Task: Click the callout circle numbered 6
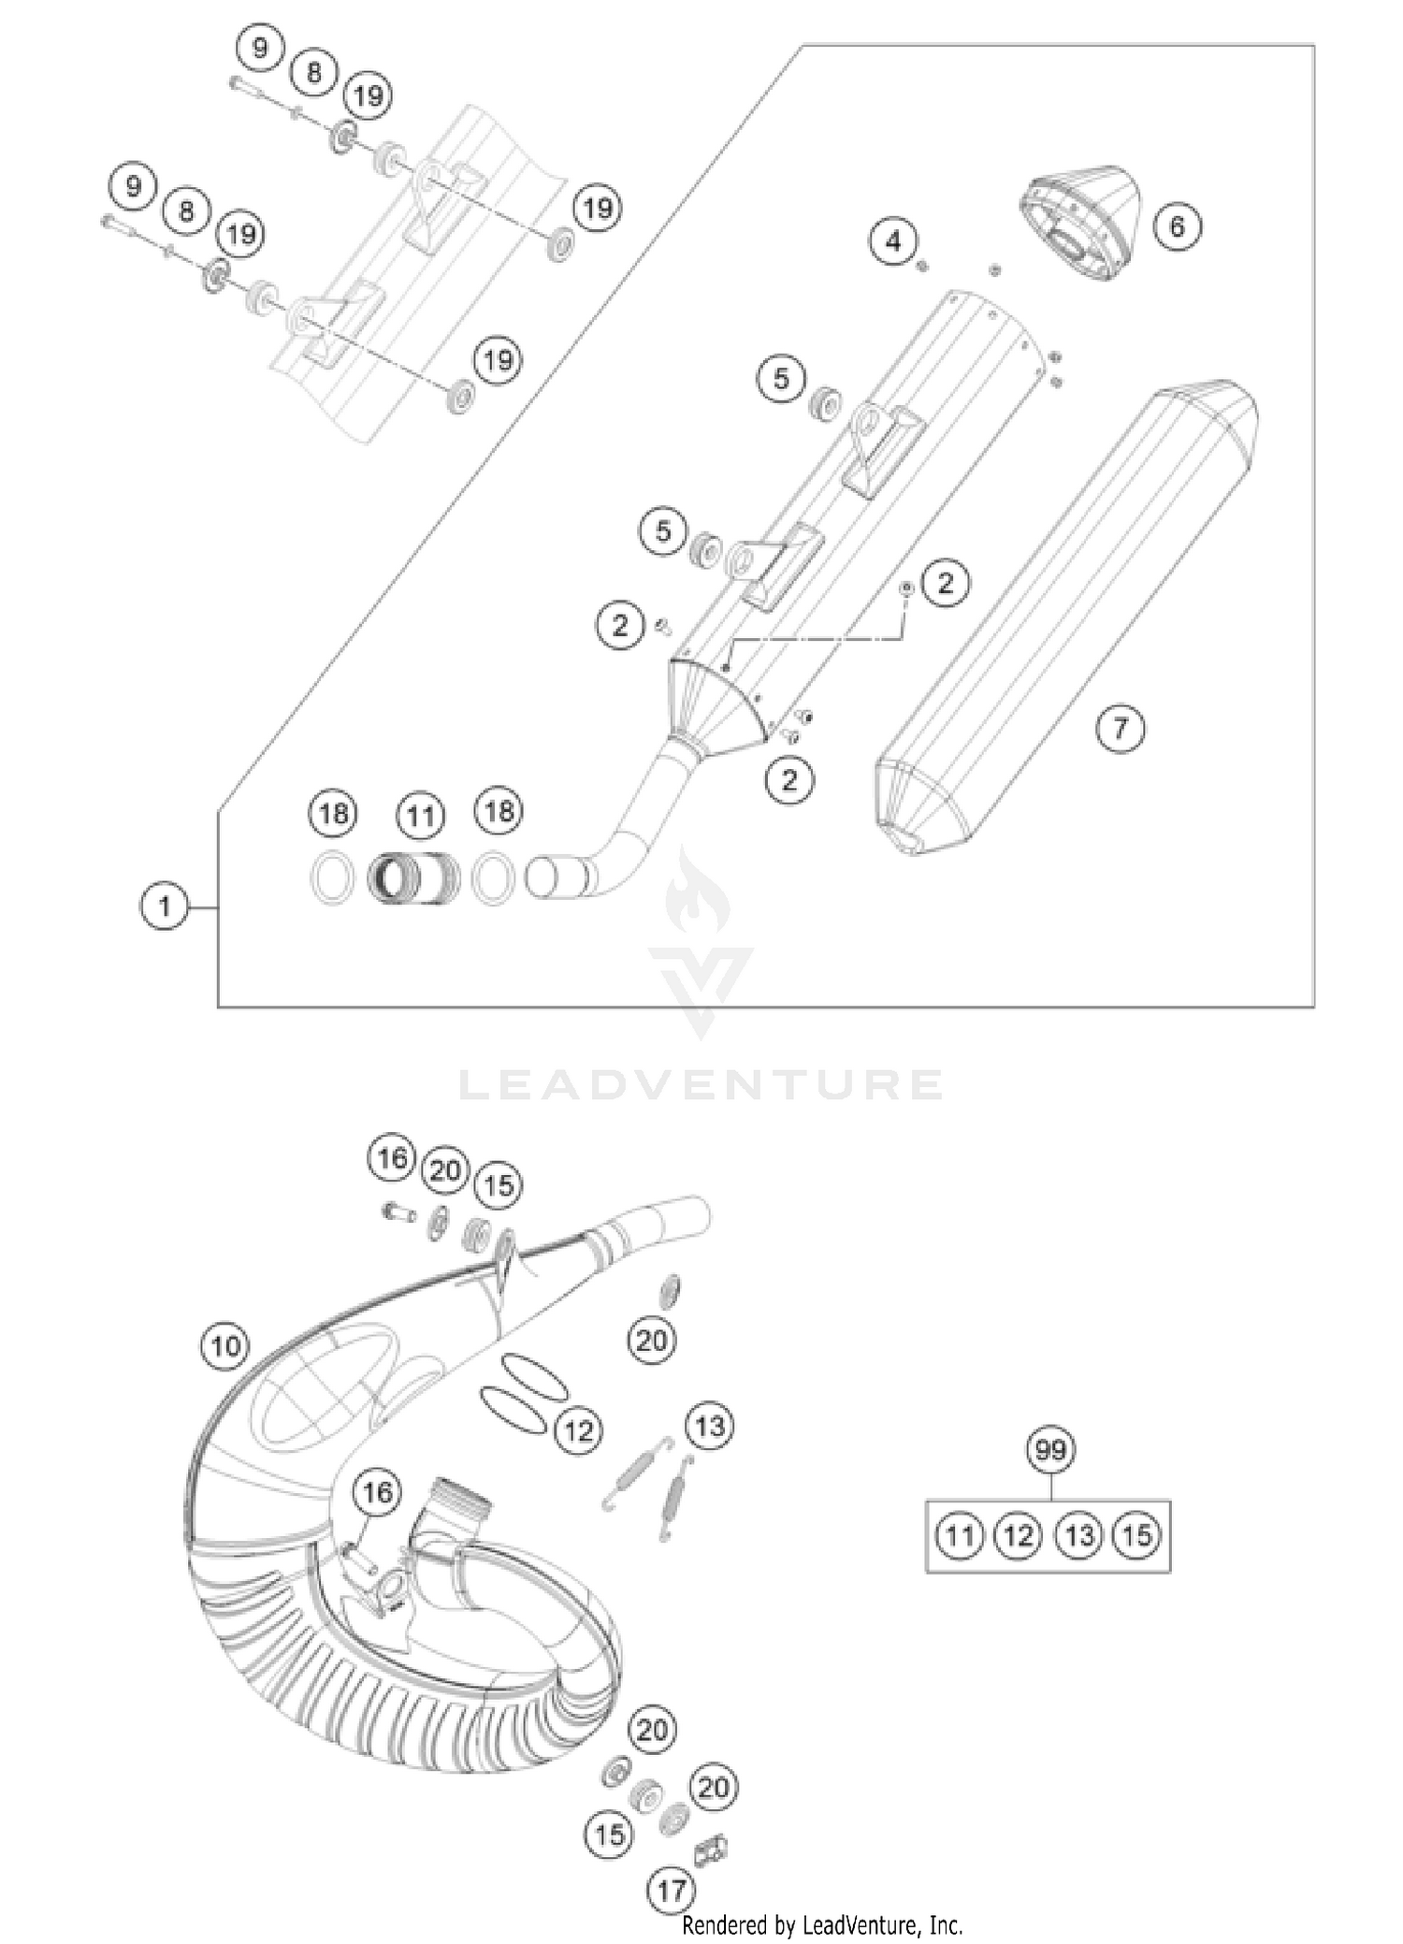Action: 1177,225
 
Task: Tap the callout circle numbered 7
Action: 1121,728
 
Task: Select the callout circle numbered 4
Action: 893,241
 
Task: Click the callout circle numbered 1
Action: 165,907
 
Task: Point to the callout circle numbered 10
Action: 225,1346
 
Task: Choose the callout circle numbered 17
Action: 672,1891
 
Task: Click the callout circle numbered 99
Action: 1051,1451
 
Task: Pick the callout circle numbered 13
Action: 710,1427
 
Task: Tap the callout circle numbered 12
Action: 578,1430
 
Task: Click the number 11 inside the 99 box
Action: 959,1535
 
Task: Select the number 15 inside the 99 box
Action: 1137,1535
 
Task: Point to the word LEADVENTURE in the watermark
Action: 701,1085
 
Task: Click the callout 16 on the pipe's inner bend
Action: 377,1491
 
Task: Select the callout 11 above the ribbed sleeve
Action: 420,817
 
